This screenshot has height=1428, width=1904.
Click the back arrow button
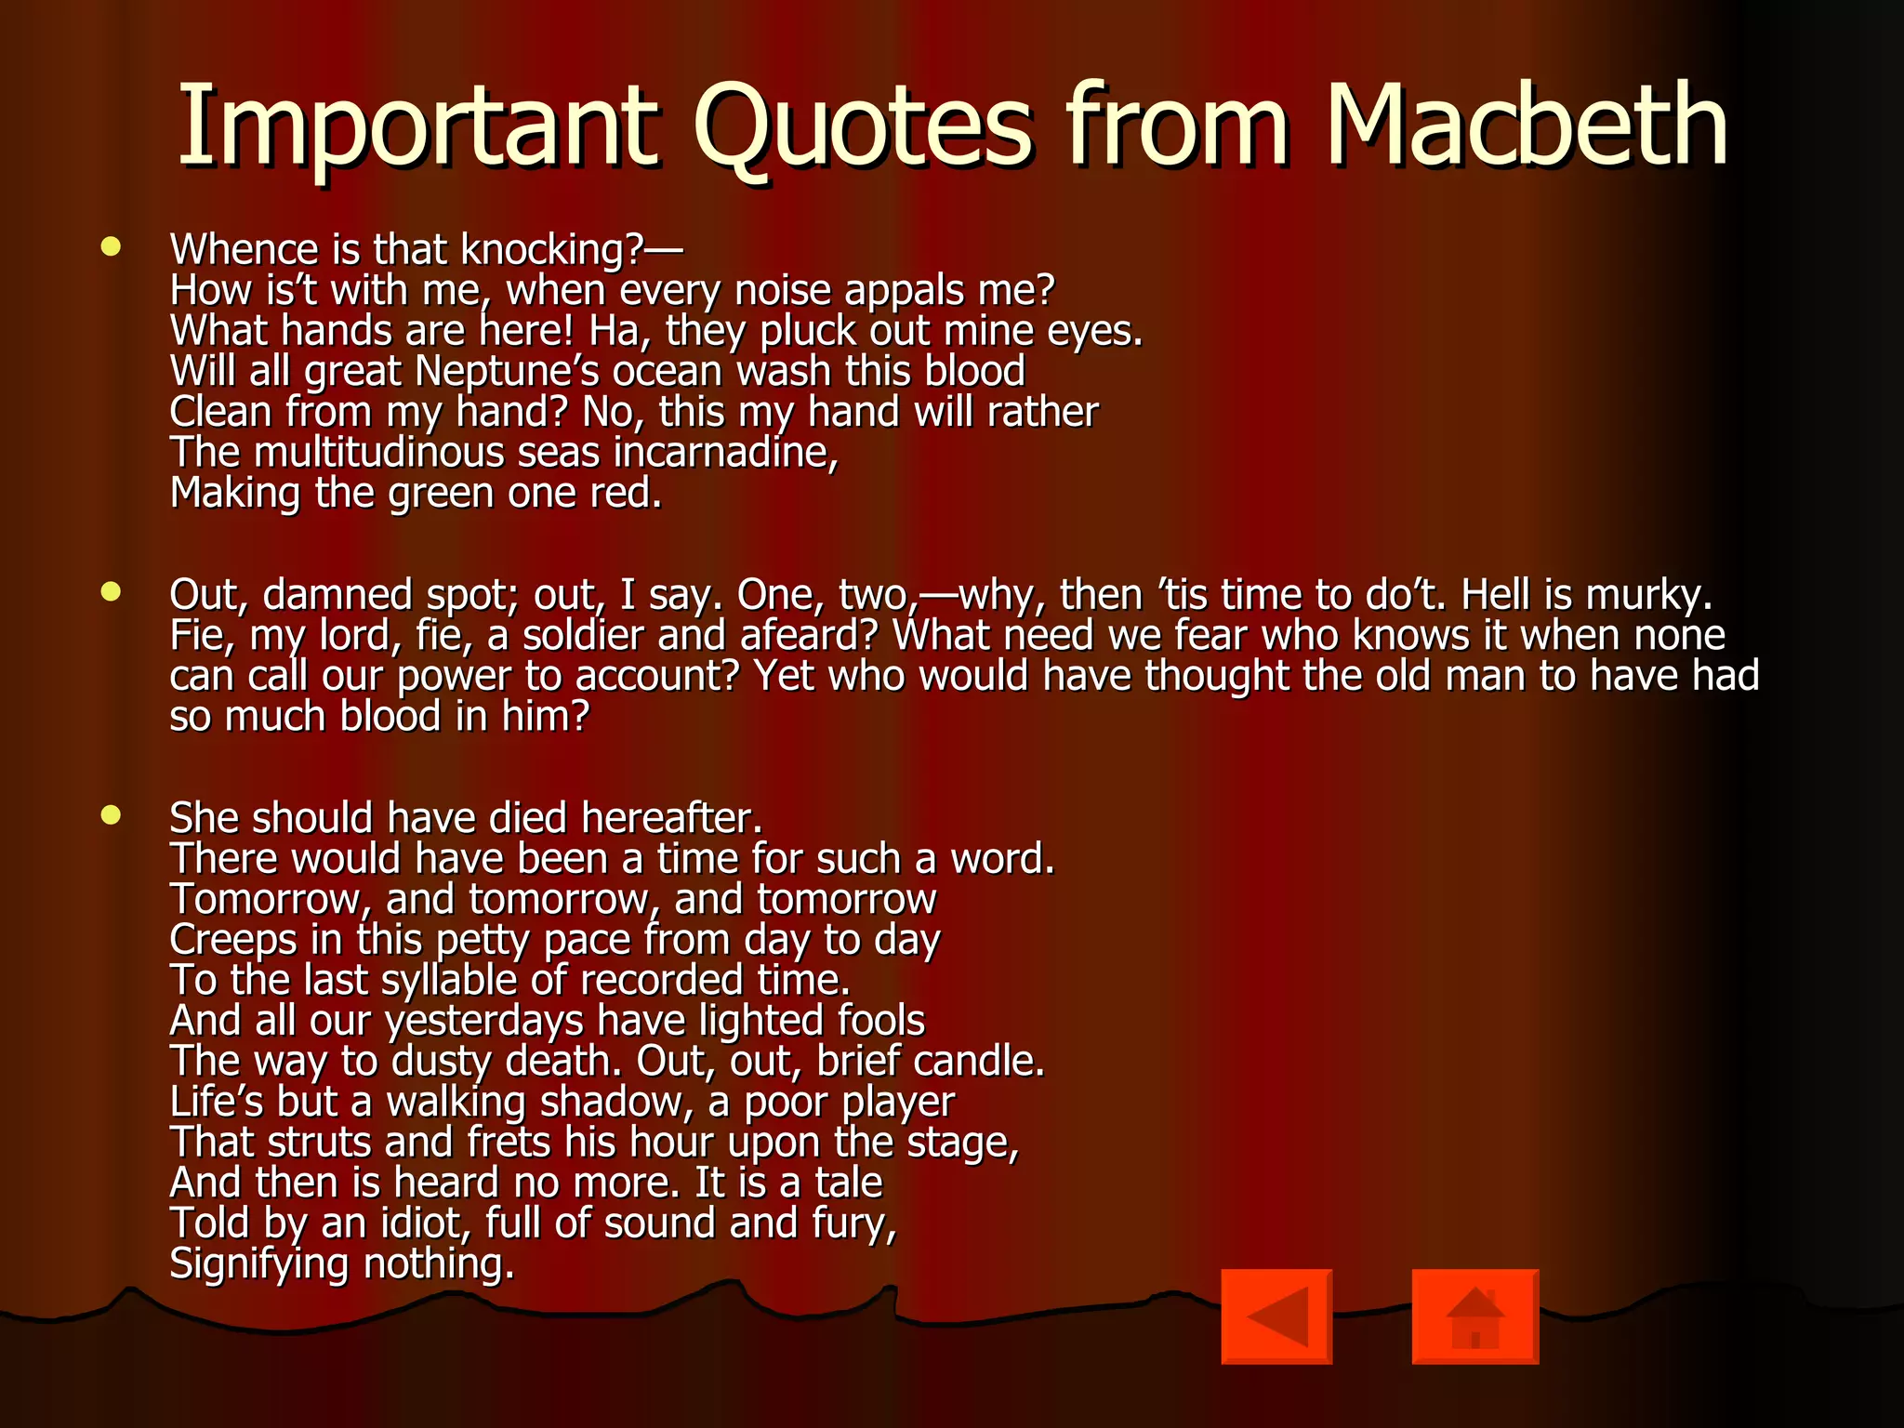pos(1276,1316)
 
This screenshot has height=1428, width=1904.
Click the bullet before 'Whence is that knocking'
pos(112,246)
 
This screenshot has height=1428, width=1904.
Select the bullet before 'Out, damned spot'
pos(112,591)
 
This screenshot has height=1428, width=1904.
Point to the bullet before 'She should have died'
pos(112,815)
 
